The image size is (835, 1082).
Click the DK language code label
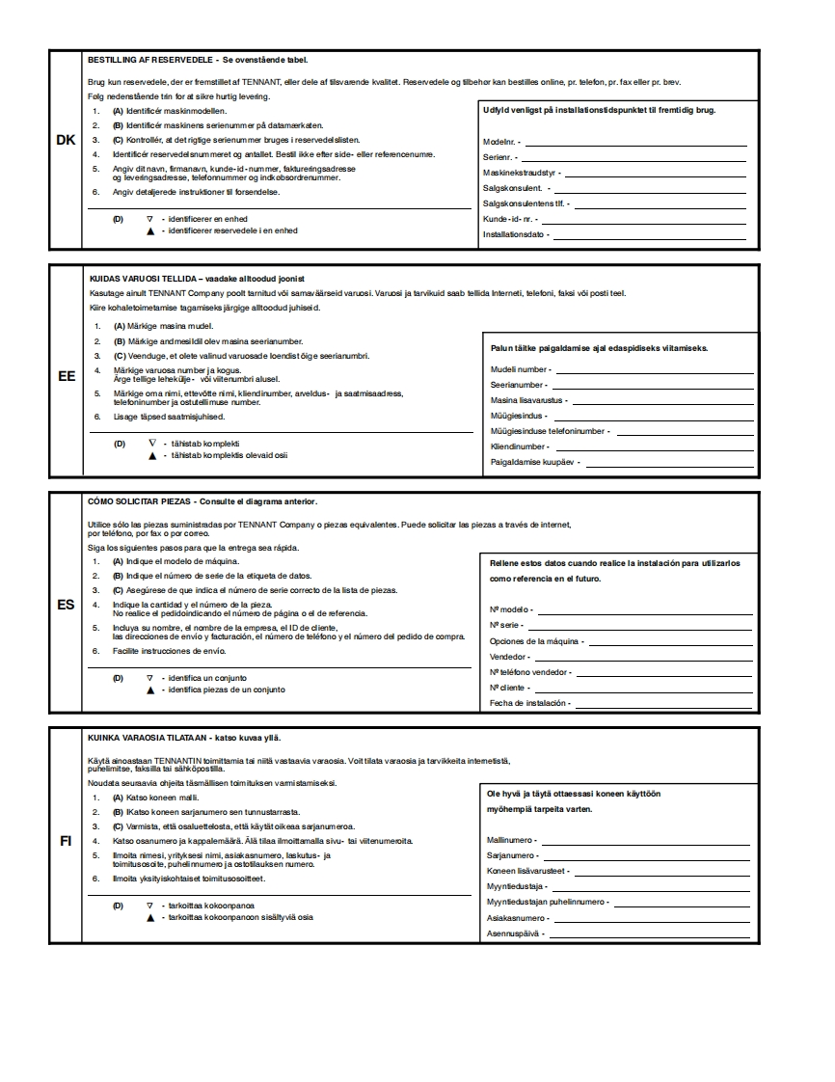click(66, 141)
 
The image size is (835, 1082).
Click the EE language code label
click(67, 376)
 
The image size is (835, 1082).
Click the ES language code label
click(66, 606)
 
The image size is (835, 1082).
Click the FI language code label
click(66, 841)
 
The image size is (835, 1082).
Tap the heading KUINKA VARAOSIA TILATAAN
click(147, 738)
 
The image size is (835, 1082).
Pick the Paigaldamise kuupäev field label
click(534, 463)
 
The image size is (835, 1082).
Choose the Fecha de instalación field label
click(529, 703)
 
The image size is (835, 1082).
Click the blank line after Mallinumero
click(646, 841)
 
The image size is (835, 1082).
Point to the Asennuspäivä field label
click(516, 933)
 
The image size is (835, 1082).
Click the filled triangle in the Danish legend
click(150, 231)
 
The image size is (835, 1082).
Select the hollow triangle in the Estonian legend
click(151, 443)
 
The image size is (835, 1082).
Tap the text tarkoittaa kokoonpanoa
click(211, 906)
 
